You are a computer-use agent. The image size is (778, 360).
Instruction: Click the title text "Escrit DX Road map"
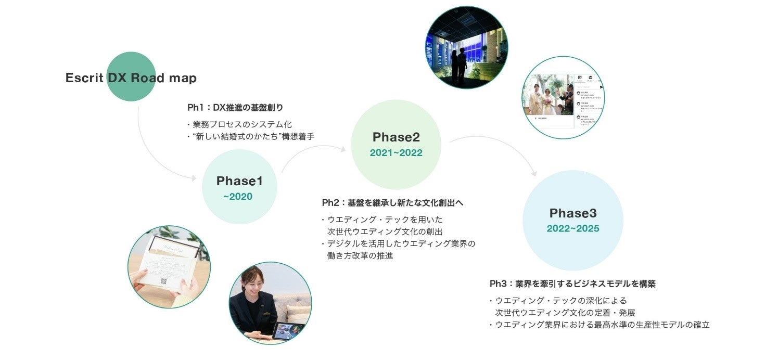coord(131,78)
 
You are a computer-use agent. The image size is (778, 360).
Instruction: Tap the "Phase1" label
coord(239,181)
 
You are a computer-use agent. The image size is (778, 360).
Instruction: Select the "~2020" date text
coord(238,197)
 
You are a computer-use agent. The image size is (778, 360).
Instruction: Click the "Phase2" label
coord(396,137)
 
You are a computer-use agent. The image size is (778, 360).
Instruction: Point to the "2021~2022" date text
coord(396,153)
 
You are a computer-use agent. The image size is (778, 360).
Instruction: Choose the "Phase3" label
coord(573,213)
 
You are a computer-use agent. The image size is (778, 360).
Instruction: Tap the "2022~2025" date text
coord(573,229)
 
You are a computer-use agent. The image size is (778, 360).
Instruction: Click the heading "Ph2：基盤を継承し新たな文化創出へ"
coord(392,202)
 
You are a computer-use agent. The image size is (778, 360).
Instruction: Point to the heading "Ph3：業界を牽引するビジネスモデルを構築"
coord(572,284)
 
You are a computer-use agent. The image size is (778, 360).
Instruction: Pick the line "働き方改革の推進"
coord(360,255)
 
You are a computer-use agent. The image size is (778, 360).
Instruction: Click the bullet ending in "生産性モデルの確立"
coord(602,325)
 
